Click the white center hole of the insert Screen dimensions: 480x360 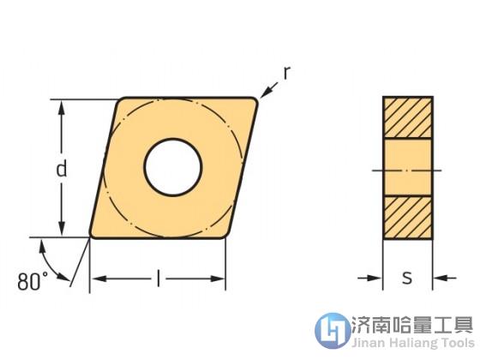pyautogui.click(x=172, y=167)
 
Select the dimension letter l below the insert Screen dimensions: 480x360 pyautogui.click(x=158, y=278)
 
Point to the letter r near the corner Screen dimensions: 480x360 pyautogui.click(x=286, y=73)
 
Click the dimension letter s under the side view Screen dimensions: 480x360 pyautogui.click(x=407, y=278)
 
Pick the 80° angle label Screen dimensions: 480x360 pyautogui.click(x=33, y=281)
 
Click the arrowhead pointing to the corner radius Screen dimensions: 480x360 pyautogui.click(x=265, y=93)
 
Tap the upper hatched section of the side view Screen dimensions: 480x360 pyautogui.click(x=407, y=117)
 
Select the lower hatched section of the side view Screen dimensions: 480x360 pyautogui.click(x=407, y=217)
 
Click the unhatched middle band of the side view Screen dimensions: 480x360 pyautogui.click(x=407, y=167)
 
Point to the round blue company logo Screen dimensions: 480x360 pyautogui.click(x=333, y=330)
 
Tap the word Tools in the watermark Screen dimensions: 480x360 pyautogui.click(x=458, y=342)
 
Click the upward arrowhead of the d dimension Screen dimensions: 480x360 pyautogui.click(x=62, y=108)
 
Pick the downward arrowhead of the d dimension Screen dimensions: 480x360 pyautogui.click(x=62, y=228)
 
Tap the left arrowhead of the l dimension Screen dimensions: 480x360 pyautogui.click(x=99, y=279)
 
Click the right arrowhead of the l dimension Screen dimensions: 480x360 pyautogui.click(x=217, y=279)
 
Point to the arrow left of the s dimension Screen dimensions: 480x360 pyautogui.click(x=369, y=278)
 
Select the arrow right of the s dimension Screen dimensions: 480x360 pyautogui.click(x=445, y=278)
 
